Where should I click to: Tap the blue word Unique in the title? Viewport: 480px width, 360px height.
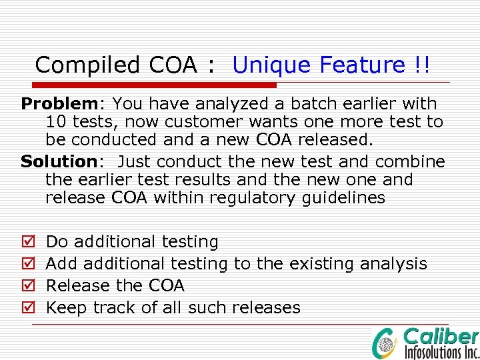[x=273, y=65]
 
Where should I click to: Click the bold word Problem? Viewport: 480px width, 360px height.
[x=59, y=104]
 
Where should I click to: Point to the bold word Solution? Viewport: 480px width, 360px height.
[x=59, y=161]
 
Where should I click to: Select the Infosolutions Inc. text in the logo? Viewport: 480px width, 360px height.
[x=442, y=351]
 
